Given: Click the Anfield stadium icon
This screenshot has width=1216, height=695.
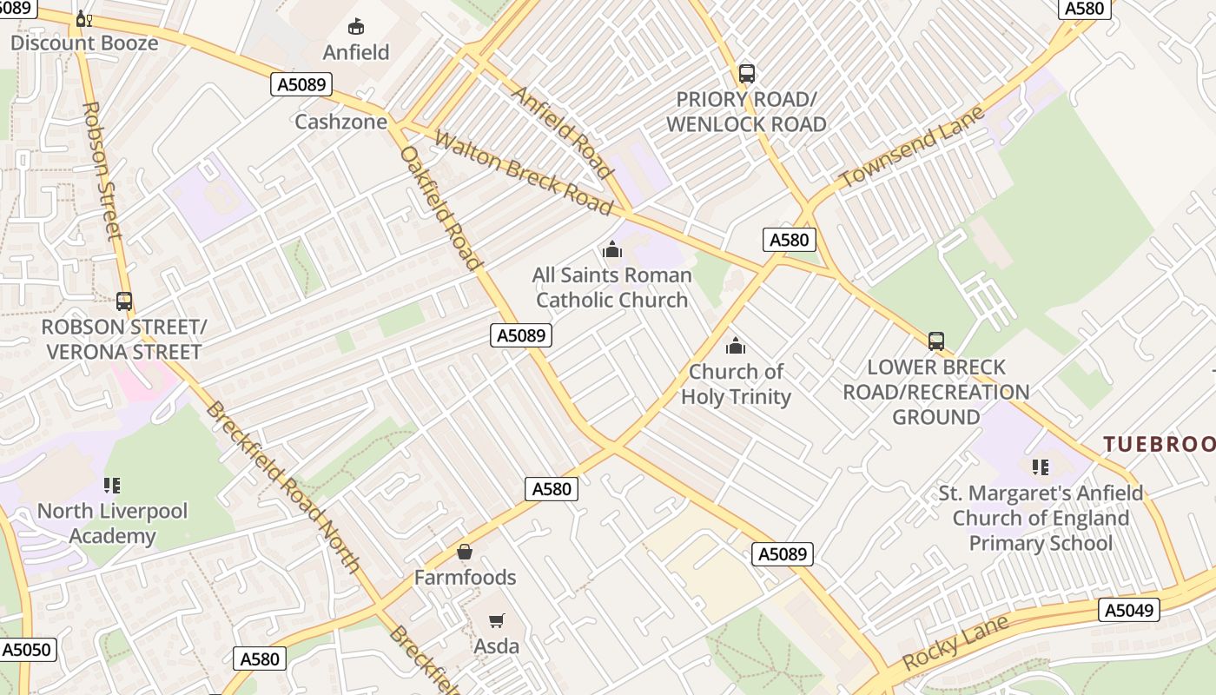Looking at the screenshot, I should pos(356,27).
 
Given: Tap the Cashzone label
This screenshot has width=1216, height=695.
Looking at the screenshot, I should pos(340,122).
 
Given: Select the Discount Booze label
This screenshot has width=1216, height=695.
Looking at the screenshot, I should pos(84,43).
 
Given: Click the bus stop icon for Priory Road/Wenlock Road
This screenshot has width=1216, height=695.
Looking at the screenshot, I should pos(746,74).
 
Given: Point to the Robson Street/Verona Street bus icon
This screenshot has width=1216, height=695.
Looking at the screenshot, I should pos(124,301).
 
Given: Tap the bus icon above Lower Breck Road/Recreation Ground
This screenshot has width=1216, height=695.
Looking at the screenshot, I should pos(935,341).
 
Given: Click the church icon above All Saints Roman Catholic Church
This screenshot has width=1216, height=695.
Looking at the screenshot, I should pos(612,250).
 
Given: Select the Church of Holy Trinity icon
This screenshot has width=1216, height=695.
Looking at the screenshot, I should pos(736,347).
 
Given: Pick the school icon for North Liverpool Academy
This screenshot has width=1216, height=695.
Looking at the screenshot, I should pos(111,485).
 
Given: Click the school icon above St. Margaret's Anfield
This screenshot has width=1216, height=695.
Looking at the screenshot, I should pos(1041,467).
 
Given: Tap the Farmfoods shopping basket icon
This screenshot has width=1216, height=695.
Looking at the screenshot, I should pos(465,552).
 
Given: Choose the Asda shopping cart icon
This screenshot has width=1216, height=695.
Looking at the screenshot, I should pos(496,620).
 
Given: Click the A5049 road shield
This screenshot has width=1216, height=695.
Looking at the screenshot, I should pos(1129,611).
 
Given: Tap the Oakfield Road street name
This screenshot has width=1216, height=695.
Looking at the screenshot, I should pos(440,208).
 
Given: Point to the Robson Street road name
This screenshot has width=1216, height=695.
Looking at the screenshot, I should pos(102,170).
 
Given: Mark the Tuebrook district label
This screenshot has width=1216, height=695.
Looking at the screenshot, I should pos(1159,444).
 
